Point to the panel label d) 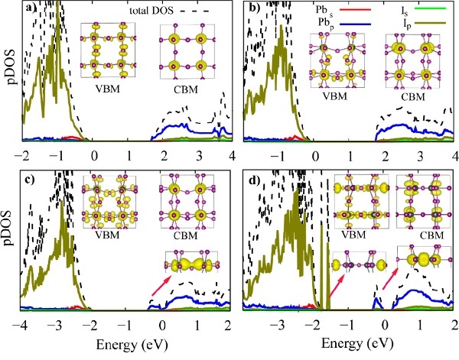(255, 181)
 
